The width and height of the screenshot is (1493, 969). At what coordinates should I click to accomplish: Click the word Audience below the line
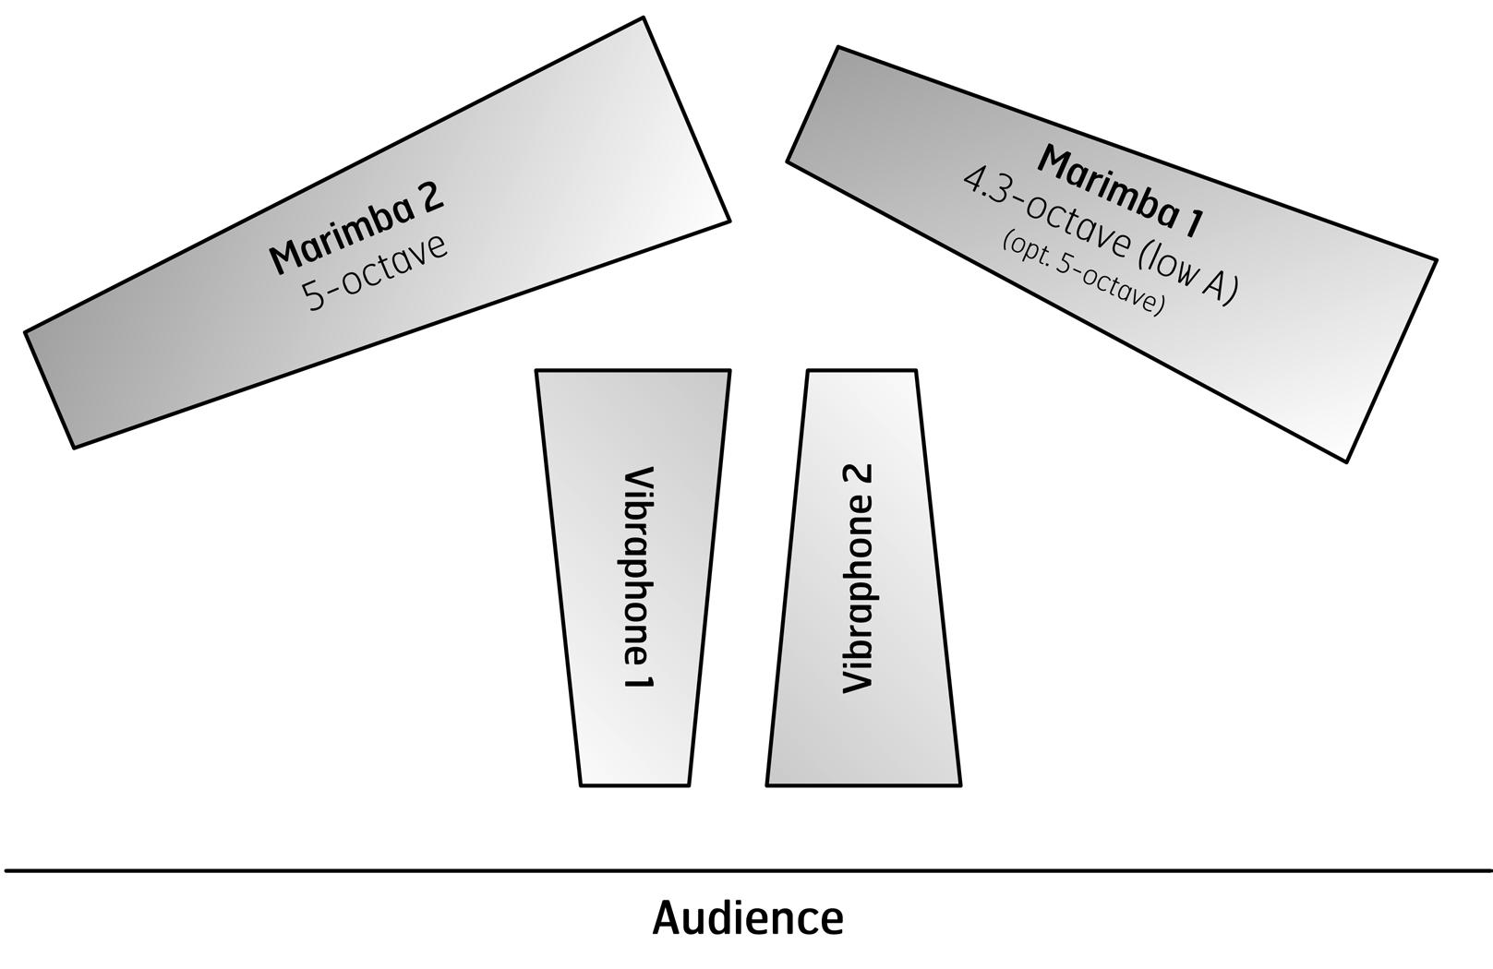tap(748, 919)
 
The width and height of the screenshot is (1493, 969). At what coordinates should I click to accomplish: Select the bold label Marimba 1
tap(1121, 187)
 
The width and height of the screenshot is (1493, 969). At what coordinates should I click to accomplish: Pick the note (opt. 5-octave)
tap(1082, 273)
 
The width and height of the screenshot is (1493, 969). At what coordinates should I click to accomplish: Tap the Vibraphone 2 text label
tap(858, 579)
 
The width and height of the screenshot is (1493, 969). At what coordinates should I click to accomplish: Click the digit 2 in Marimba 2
tap(429, 196)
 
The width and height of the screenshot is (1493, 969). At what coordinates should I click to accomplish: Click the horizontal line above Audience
tap(748, 869)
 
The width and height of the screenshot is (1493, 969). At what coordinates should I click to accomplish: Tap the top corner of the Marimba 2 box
tap(643, 18)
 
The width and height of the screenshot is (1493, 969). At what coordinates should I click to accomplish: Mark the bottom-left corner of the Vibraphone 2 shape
tap(767, 784)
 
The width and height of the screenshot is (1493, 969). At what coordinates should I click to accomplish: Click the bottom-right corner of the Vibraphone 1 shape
tap(689, 784)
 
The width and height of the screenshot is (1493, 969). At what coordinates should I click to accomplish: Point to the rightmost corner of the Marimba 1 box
tap(1436, 260)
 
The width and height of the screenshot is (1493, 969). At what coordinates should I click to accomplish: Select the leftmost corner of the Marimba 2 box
tap(25, 331)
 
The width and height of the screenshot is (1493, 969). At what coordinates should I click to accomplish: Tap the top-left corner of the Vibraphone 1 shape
tap(536, 371)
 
